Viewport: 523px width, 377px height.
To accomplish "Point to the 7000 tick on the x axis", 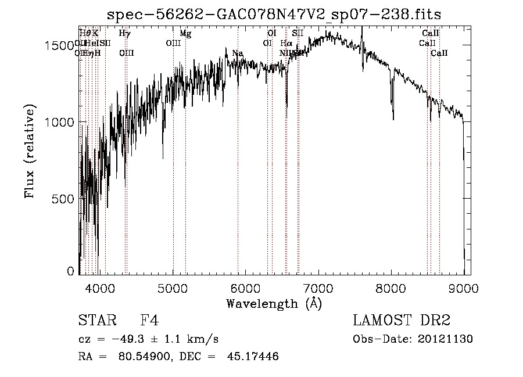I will click(x=318, y=288).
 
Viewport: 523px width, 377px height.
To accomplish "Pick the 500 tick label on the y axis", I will click(x=66, y=199).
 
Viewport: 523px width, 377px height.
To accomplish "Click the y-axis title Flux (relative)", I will click(x=30, y=152).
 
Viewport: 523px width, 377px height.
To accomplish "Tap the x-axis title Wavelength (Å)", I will click(x=274, y=303).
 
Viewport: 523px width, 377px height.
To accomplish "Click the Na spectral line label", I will click(x=237, y=53).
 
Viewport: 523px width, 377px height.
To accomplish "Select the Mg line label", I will click(x=185, y=34).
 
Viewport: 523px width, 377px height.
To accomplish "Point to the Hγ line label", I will click(x=124, y=34).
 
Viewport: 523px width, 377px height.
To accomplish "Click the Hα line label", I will click(x=286, y=44).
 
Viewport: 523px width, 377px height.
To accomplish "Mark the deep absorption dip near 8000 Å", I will click(x=393, y=116).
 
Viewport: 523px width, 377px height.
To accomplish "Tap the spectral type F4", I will click(x=149, y=321).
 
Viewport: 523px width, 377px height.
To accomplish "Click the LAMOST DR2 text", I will click(x=402, y=321).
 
